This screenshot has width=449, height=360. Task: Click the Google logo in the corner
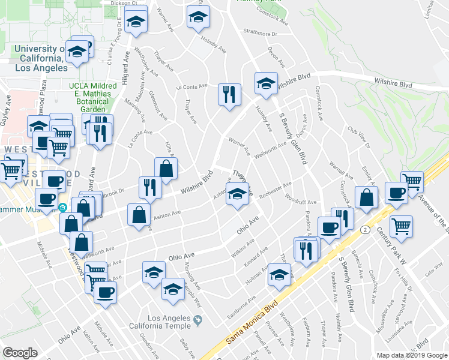click(20, 353)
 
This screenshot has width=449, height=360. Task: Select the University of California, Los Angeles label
click(40, 59)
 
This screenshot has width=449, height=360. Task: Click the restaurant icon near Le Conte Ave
click(229, 95)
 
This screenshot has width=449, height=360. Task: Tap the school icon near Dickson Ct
click(137, 22)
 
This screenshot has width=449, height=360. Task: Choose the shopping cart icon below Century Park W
click(401, 227)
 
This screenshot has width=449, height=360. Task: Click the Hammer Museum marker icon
click(63, 208)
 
